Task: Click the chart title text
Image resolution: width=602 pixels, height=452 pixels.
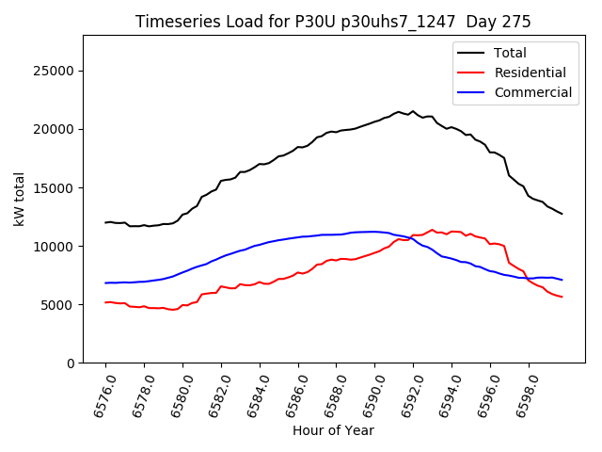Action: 333,22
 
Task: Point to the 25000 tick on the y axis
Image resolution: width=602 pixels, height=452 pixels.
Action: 55,71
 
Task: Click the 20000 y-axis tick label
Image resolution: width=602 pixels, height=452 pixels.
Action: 55,129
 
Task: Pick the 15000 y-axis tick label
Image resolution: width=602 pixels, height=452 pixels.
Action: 55,187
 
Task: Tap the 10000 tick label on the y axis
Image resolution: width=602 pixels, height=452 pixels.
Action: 55,246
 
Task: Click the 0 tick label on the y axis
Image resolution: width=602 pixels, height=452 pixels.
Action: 71,363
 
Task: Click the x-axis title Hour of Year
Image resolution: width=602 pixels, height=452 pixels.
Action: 333,430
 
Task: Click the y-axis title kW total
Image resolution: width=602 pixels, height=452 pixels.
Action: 19,199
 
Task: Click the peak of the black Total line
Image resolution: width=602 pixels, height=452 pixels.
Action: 398,111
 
